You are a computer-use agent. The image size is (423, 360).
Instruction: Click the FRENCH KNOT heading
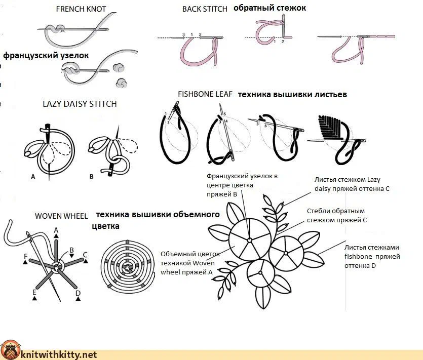81,9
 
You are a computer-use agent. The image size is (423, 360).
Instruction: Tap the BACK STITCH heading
205,9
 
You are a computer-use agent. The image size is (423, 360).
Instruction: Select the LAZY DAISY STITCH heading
80,104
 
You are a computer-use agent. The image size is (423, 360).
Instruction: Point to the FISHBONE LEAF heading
205,94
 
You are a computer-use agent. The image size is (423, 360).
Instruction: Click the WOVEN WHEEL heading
61,216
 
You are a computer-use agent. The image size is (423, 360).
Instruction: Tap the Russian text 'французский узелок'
46,56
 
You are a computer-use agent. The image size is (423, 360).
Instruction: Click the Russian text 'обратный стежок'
270,8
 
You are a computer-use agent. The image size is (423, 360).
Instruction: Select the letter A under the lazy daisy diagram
33,177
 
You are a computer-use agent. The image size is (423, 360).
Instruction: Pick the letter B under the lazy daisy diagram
92,177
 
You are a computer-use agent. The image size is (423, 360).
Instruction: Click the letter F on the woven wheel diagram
26,256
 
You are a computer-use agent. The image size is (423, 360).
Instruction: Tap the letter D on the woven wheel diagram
78,293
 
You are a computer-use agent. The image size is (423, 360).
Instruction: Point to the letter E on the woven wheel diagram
34,293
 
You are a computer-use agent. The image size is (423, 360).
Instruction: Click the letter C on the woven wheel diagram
85,255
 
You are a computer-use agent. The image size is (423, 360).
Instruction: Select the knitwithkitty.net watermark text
59,354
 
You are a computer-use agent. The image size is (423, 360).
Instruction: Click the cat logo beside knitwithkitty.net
10,350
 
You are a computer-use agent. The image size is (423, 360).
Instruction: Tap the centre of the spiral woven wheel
127,268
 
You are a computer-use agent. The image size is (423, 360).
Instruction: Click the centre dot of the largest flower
250,239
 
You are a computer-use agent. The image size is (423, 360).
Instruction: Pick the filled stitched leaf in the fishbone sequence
330,127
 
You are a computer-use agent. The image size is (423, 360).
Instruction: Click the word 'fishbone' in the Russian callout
356,256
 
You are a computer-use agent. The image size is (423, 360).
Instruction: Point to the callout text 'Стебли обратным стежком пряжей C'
337,216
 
